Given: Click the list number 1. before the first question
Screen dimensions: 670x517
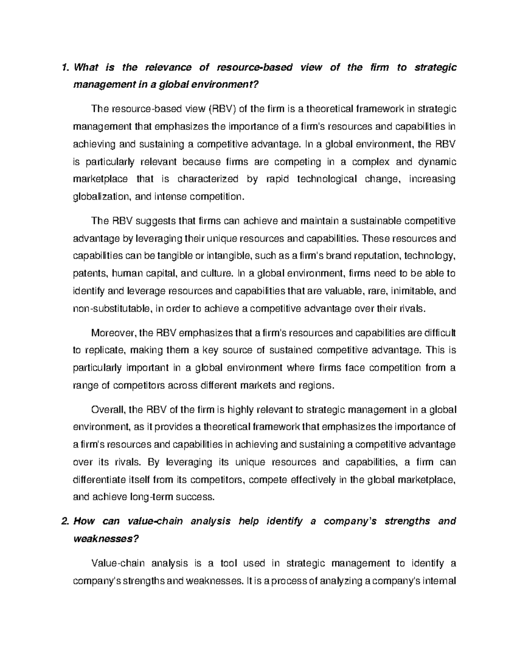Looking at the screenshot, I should click(65, 67).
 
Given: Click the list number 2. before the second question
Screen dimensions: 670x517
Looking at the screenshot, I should click(65, 521).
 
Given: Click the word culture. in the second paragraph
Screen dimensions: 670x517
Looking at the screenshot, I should click(220, 274).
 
